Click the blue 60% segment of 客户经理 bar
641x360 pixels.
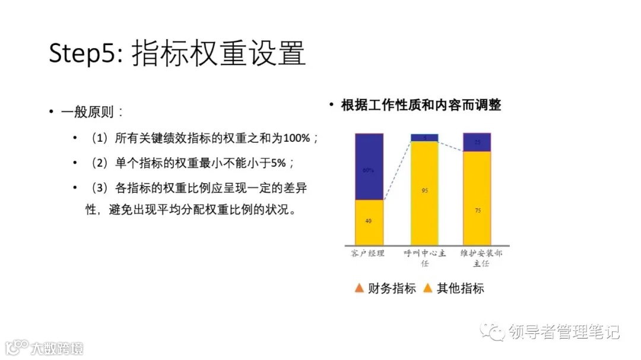coord(369,167)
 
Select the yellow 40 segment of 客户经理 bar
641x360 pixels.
coord(369,221)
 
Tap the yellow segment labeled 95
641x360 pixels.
coord(425,192)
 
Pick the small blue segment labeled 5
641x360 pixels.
coord(425,138)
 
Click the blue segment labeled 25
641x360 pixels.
coord(477,142)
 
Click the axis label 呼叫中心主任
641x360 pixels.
coord(425,258)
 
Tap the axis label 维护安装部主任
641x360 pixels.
coord(478,258)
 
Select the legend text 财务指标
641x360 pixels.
coord(392,289)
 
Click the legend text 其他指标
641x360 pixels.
coord(461,289)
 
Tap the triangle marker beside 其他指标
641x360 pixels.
coord(427,289)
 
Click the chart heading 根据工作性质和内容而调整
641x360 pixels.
coord(421,106)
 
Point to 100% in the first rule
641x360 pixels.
coord(297,138)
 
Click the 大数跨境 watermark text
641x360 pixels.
coord(58,348)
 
